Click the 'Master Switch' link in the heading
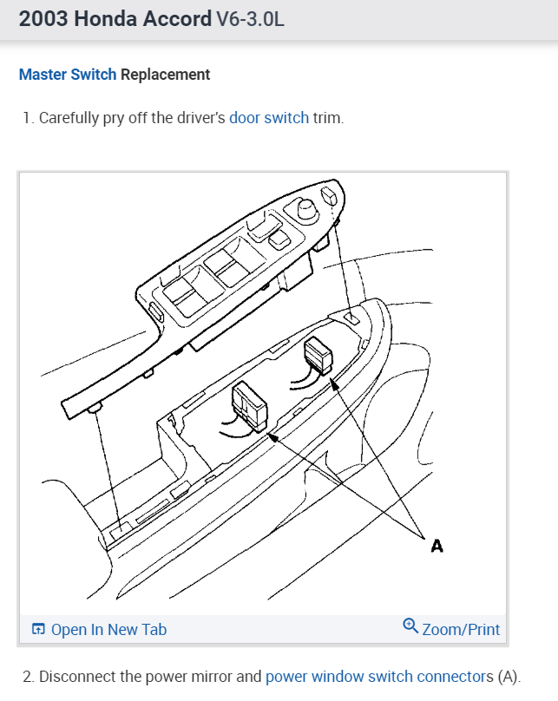point(67,75)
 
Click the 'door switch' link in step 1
point(269,118)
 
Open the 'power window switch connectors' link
point(378,677)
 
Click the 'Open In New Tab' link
point(108,630)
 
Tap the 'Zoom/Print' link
point(461,630)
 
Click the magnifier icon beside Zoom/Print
point(411,626)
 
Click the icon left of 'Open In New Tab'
point(38,630)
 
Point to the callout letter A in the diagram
point(437,545)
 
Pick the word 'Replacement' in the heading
point(165,75)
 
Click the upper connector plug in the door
point(318,356)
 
